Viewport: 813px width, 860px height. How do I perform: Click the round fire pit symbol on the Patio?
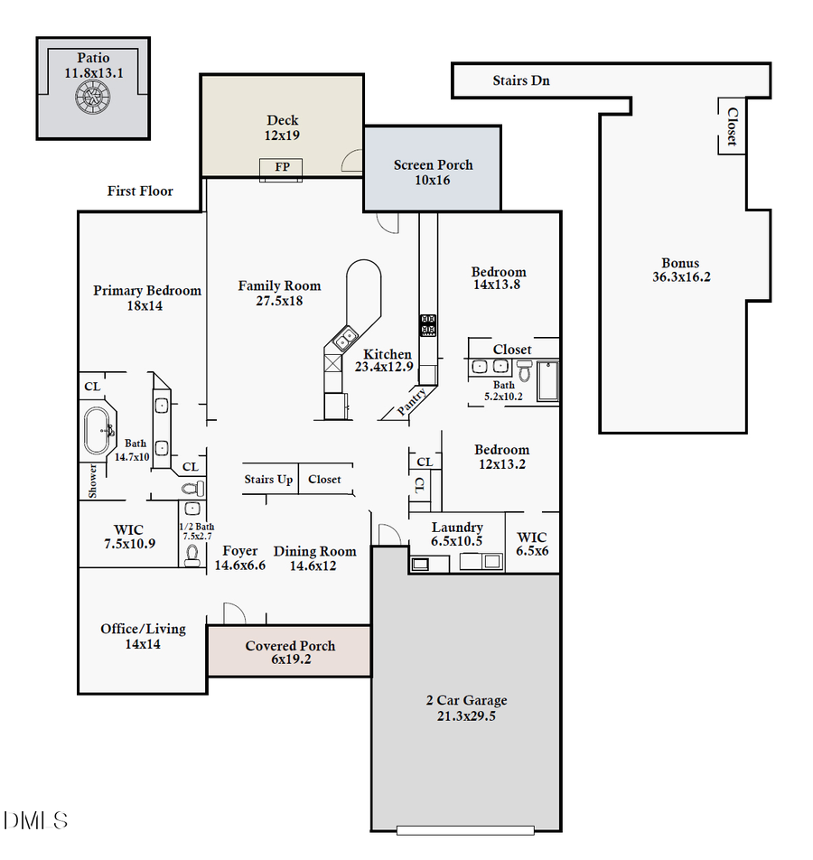[92, 97]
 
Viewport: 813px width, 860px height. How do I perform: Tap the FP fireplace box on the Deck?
[281, 167]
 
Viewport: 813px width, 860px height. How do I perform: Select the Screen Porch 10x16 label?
[433, 172]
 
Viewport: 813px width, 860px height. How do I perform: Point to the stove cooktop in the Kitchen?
[428, 325]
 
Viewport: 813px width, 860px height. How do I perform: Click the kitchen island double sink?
[344, 340]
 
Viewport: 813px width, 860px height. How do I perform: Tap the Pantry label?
[413, 403]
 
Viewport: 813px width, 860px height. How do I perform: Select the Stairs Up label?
[268, 479]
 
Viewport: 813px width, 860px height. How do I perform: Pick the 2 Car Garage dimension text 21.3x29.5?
[466, 716]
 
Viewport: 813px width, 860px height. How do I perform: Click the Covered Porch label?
[290, 646]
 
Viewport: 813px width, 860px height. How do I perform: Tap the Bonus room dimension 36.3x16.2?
[681, 277]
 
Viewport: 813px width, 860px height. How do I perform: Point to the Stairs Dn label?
[520, 80]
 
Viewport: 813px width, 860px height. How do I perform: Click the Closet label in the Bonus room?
[732, 126]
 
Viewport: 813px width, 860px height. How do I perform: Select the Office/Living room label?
[143, 629]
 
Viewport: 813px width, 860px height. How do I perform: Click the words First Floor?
[140, 191]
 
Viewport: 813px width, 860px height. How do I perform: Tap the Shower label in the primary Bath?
[92, 481]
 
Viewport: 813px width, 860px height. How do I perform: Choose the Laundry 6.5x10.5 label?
[456, 534]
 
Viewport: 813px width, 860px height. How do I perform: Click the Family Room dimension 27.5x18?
[279, 301]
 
